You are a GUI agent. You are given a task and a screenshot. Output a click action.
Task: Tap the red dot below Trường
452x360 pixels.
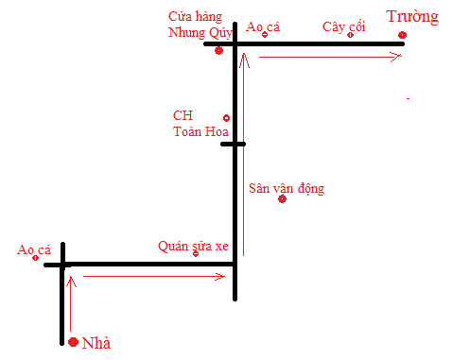tap(403, 36)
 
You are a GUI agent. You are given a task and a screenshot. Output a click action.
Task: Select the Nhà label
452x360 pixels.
tap(97, 343)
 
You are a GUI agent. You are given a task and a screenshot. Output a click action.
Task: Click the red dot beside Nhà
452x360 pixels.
tap(73, 341)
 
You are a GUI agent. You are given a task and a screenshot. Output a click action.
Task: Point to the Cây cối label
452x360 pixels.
tap(343, 26)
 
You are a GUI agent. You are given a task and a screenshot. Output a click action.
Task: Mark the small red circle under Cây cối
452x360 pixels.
tap(350, 36)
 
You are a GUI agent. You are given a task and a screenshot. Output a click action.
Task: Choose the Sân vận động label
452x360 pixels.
tap(286, 188)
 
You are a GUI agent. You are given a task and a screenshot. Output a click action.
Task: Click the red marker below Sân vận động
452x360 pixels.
tap(282, 200)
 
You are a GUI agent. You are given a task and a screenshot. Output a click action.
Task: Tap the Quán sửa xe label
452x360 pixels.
tap(193, 246)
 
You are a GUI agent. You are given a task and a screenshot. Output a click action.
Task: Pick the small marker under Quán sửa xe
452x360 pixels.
tap(196, 254)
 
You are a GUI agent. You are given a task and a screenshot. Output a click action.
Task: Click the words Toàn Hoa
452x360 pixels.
tap(197, 131)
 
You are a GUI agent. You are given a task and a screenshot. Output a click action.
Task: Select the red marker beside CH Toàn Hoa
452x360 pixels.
tap(226, 118)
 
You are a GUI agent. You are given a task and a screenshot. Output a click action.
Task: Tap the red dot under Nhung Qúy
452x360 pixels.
tap(218, 50)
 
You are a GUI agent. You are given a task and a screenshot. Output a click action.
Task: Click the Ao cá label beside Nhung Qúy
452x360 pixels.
tap(263, 27)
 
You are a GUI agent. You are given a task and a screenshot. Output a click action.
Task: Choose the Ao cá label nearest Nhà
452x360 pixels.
tap(34, 249)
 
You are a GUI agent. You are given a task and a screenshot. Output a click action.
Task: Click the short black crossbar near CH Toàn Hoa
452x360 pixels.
tap(233, 145)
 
